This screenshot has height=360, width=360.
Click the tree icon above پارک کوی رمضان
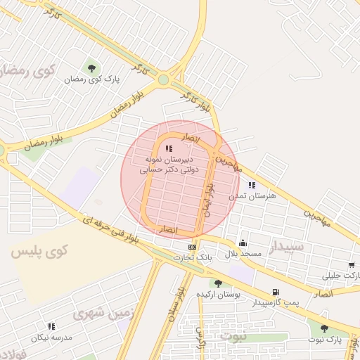click(x=92, y=68)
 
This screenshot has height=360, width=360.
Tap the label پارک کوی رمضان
click(x=92, y=79)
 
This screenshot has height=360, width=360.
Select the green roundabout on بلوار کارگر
click(x=164, y=79)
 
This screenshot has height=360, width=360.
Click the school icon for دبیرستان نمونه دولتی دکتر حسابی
click(x=168, y=148)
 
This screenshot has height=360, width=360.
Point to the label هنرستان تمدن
click(x=252, y=195)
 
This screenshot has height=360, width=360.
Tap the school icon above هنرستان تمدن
click(x=251, y=184)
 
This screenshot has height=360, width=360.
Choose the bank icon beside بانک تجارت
click(x=192, y=247)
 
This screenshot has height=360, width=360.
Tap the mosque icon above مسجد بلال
click(x=243, y=242)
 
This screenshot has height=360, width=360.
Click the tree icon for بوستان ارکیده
click(x=218, y=283)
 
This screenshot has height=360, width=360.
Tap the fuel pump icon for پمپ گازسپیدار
click(x=275, y=292)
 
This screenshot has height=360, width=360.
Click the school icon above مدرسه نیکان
click(x=51, y=326)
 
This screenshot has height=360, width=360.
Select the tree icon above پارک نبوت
click(x=324, y=328)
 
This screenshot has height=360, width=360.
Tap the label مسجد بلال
click(x=243, y=253)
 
